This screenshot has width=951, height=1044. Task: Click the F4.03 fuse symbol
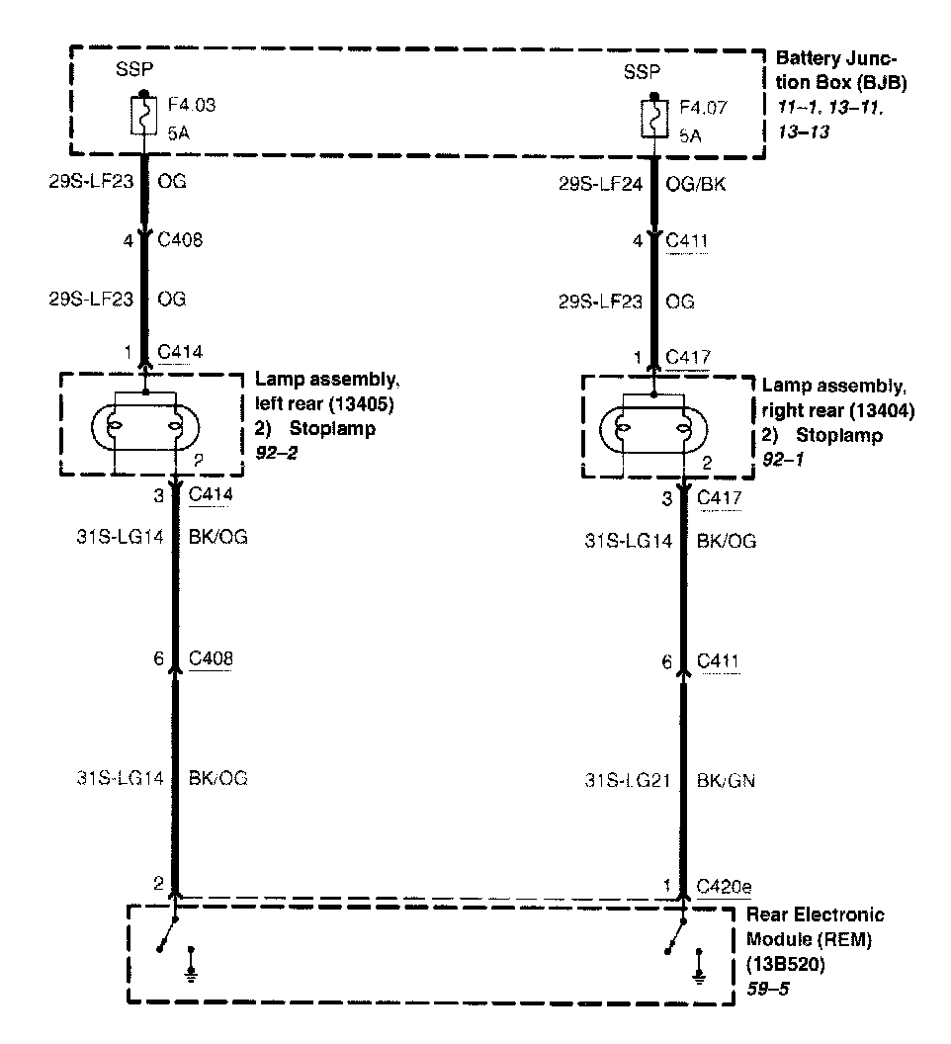point(145,117)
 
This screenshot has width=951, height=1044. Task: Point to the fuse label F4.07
point(704,108)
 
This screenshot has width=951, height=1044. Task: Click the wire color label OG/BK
point(698,184)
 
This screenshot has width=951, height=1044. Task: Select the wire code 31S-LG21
point(628,780)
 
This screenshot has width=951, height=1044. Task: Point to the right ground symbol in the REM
point(700,964)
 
